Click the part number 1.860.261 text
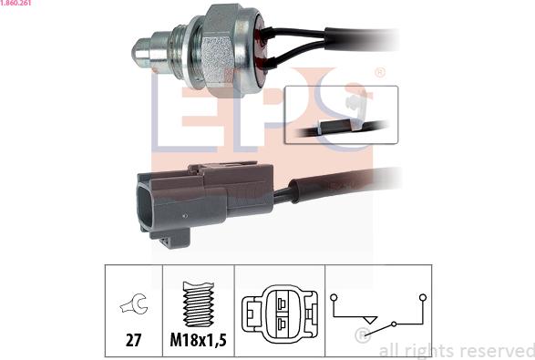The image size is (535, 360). [15, 3]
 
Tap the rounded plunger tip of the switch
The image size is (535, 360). [139, 51]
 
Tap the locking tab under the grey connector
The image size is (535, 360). [174, 239]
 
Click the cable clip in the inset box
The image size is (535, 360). [355, 108]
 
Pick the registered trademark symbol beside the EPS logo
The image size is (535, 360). [380, 73]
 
